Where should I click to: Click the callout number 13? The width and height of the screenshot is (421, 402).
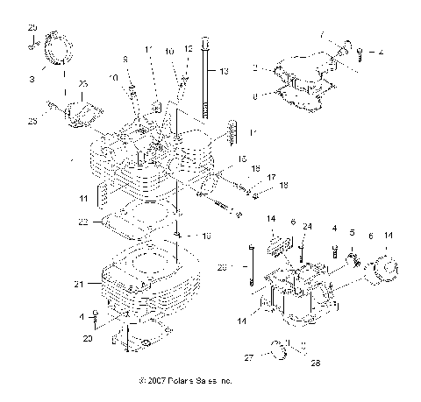(223, 70)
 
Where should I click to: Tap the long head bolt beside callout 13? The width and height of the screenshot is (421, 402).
(206, 79)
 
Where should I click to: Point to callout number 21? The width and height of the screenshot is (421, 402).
(78, 284)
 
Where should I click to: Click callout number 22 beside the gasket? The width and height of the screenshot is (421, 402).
(83, 222)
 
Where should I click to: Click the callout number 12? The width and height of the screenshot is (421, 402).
(186, 49)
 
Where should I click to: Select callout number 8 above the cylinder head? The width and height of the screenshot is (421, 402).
(125, 59)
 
